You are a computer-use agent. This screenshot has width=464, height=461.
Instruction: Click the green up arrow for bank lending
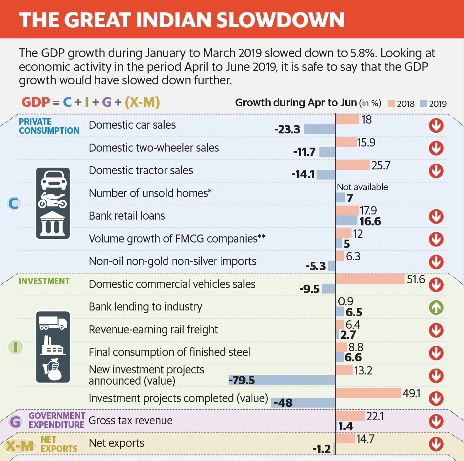pyautogui.click(x=436, y=308)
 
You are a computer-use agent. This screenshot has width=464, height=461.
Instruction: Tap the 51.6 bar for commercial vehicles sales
pyautogui.click(x=370, y=279)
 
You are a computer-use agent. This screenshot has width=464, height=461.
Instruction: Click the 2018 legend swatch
pyautogui.click(x=392, y=104)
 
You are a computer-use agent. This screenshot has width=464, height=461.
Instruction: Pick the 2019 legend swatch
pyautogui.click(x=423, y=104)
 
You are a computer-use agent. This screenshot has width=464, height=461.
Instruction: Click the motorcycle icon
pyautogui.click(x=53, y=200)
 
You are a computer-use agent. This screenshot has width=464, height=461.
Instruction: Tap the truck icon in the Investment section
pyautogui.click(x=53, y=322)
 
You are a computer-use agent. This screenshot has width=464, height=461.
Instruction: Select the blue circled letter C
pyautogui.click(x=14, y=203)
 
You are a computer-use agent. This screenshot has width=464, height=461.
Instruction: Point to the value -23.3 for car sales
pyautogui.click(x=287, y=129)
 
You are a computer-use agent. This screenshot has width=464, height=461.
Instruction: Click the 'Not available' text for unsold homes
pyautogui.click(x=362, y=187)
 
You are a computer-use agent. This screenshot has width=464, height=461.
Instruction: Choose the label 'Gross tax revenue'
pyautogui.click(x=130, y=421)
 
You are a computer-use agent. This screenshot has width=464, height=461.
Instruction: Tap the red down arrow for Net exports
pyautogui.click(x=436, y=444)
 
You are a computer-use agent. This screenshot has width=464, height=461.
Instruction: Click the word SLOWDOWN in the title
pyautogui.click(x=280, y=20)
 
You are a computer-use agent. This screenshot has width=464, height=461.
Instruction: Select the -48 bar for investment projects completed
pyautogui.click(x=303, y=403)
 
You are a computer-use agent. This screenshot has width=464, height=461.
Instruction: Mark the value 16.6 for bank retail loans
pyautogui.click(x=370, y=221)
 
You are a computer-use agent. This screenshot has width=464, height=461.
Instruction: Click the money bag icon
pyautogui.click(x=54, y=370)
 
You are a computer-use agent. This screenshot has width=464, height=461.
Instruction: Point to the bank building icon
pyautogui.click(x=53, y=223)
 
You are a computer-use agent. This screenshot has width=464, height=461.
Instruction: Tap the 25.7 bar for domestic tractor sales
pyautogui.click(x=352, y=165)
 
